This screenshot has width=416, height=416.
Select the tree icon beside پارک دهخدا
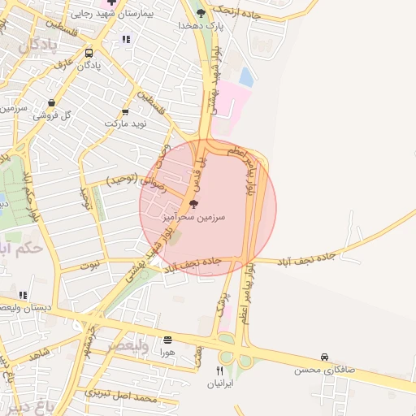[201, 12]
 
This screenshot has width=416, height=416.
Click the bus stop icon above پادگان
[88, 53]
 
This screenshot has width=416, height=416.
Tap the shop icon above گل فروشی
[52, 103]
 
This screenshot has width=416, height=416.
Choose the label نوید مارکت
[124, 123]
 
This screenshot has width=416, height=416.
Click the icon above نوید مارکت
[125, 112]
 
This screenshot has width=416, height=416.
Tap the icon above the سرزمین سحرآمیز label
[193, 204]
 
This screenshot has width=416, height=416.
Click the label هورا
[167, 353]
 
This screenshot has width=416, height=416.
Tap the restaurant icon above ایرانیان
[219, 370]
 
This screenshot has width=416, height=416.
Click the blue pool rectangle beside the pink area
[245, 78]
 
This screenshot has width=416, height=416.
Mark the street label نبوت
[95, 264]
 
